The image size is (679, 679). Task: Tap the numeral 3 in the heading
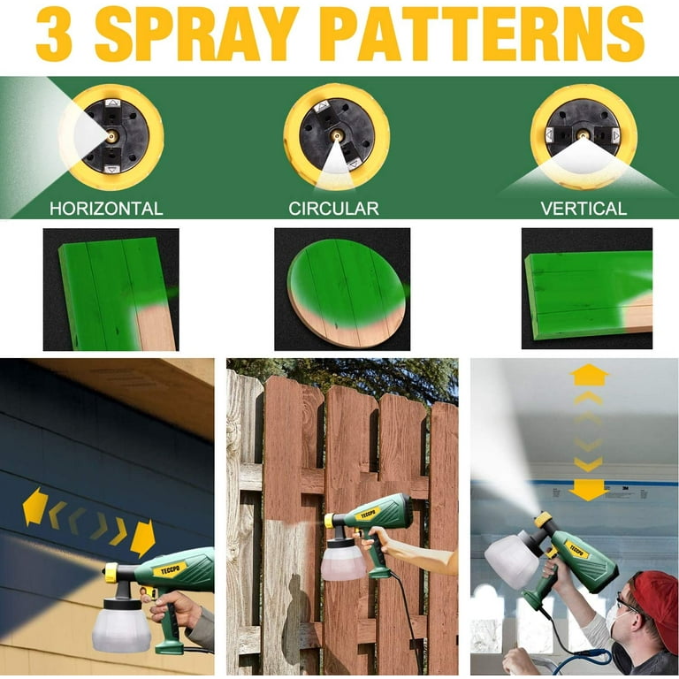[x=54, y=34]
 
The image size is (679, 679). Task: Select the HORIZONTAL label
[x=106, y=209]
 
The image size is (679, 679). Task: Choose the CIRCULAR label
[x=333, y=209]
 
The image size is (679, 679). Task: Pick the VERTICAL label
[x=584, y=209]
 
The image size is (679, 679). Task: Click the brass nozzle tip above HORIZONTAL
[x=111, y=136]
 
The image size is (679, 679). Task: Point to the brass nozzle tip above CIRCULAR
[x=336, y=135]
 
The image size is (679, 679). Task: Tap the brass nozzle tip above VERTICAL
[x=583, y=134]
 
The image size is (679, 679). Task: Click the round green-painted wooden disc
[x=347, y=294]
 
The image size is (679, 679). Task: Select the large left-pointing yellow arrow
[x=34, y=507]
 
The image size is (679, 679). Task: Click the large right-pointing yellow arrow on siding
[x=142, y=538]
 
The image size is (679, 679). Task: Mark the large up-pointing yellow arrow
[x=589, y=375]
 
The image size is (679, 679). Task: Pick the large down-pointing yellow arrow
[x=589, y=490]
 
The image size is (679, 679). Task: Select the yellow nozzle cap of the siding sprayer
[x=111, y=573]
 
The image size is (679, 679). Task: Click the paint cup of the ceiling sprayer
[x=511, y=555]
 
